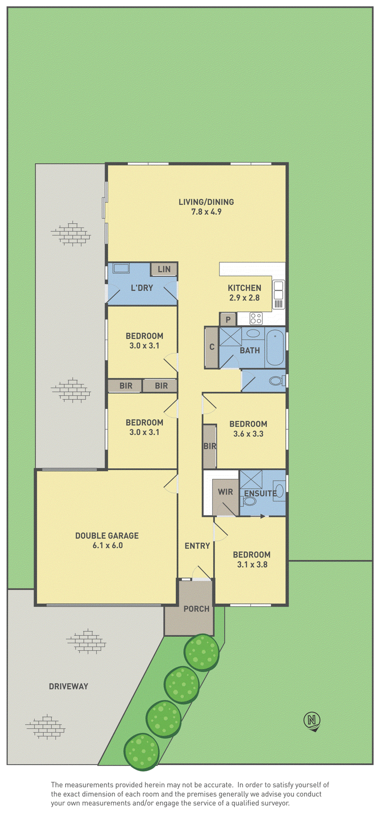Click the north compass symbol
click(x=312, y=719)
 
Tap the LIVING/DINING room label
click(x=206, y=202)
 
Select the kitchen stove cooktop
click(x=256, y=318)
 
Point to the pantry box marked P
click(x=228, y=320)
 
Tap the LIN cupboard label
click(x=164, y=269)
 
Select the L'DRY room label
click(x=142, y=288)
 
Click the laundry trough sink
click(x=121, y=268)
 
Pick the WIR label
click(x=225, y=492)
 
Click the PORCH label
click(x=196, y=609)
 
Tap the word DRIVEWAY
click(x=68, y=686)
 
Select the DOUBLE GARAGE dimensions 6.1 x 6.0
click(x=107, y=545)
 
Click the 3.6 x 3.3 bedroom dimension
click(x=248, y=434)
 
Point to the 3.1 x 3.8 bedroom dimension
click(x=252, y=564)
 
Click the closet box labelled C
click(x=212, y=347)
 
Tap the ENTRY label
click(x=197, y=546)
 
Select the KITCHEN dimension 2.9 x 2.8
click(x=244, y=297)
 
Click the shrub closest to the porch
click(x=201, y=651)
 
